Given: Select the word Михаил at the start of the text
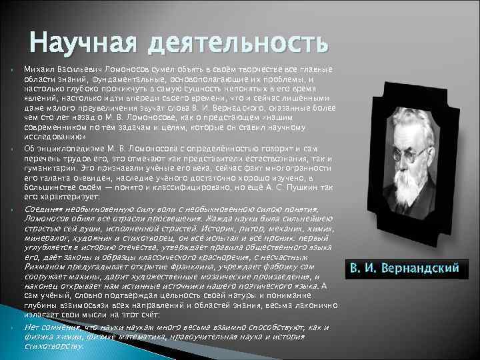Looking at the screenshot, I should point(38,69).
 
